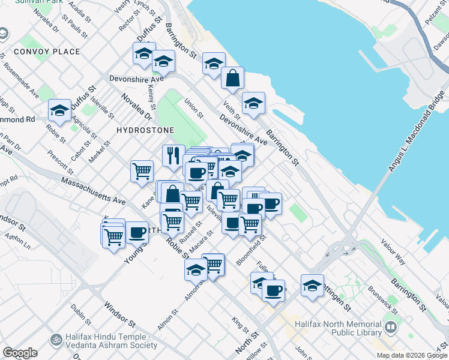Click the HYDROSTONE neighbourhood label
click(145, 130)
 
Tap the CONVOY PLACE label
click(47, 52)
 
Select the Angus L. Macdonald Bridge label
click(417, 133)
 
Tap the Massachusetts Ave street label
click(93, 189)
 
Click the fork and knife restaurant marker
click(173, 155)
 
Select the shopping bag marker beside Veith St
click(232, 78)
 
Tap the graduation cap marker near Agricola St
click(60, 111)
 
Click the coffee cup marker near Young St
click(137, 232)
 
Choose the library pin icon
click(391, 328)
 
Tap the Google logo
click(20, 353)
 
